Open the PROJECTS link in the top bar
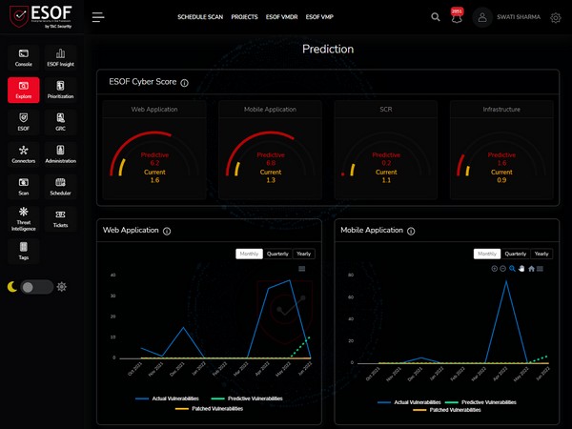[244, 17]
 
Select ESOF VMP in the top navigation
[319, 17]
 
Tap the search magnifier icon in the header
[436, 17]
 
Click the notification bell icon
[456, 17]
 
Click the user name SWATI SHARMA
[521, 17]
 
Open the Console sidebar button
[24, 58]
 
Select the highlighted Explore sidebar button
[24, 91]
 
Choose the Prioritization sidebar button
[60, 91]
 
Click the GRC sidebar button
[60, 122]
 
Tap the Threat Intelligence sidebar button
[24, 219]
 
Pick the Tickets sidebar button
[60, 219]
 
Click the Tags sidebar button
[24, 252]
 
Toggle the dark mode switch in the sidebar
[37, 287]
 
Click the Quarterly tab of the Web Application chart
[278, 254]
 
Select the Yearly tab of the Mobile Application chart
[541, 254]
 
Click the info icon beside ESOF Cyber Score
[185, 83]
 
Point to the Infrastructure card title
[501, 110]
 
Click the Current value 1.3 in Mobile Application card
[271, 180]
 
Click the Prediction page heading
[327, 49]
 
